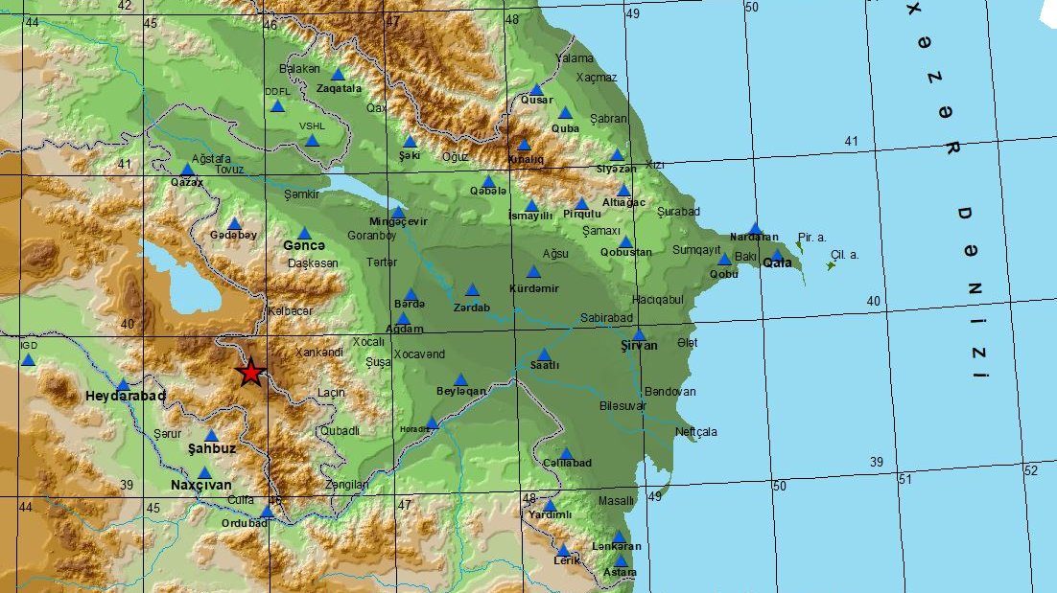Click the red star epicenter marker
[x=251, y=372]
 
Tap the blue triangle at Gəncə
[x=304, y=234]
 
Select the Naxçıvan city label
[x=201, y=485]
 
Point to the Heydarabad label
[x=126, y=396]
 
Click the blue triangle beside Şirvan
[x=639, y=335]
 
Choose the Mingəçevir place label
[x=398, y=222]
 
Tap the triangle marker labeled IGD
[x=28, y=360]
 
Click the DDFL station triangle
[x=277, y=105]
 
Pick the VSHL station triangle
[x=312, y=141]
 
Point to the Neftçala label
[x=695, y=432]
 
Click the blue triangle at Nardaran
[x=755, y=228]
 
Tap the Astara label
[x=620, y=573]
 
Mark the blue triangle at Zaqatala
[x=338, y=75]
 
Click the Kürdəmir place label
[x=534, y=288]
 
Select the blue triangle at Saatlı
[x=544, y=354]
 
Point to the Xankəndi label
[x=319, y=353]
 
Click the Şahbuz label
[x=211, y=448]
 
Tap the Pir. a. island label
[x=811, y=236]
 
